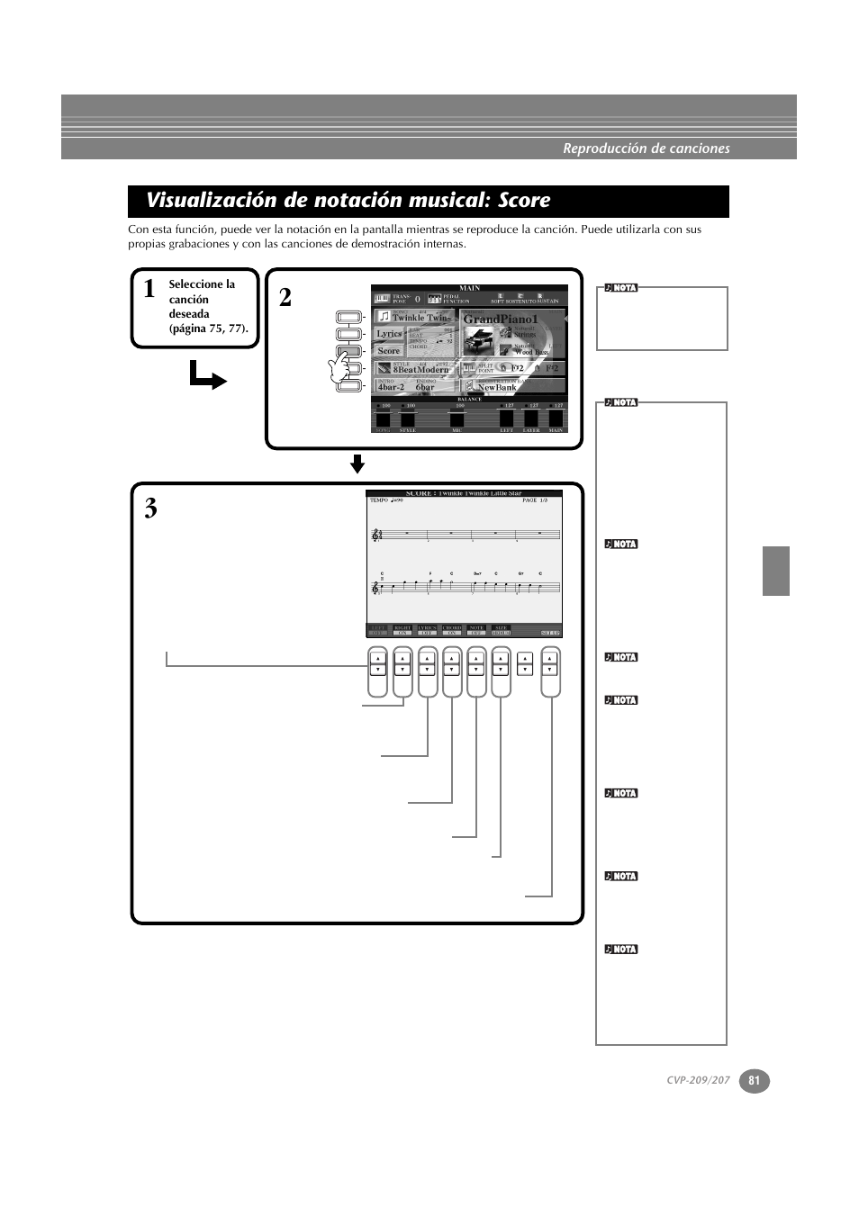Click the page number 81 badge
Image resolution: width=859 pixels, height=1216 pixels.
tap(755, 1081)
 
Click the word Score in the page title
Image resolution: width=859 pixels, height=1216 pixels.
tap(520, 200)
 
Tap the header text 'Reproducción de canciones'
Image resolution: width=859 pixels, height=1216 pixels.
tap(647, 149)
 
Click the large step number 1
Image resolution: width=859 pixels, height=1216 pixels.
tap(149, 289)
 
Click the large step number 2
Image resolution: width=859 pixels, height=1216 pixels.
tap(285, 298)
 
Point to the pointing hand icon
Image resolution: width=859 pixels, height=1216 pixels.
tap(340, 368)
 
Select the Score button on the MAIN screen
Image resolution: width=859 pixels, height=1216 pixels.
tap(389, 351)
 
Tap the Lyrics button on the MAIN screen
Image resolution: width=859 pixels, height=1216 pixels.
tap(389, 334)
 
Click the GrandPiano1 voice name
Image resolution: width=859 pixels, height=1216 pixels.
tap(500, 320)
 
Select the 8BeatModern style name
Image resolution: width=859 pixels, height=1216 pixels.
tap(420, 370)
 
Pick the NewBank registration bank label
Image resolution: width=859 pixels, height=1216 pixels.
tap(497, 388)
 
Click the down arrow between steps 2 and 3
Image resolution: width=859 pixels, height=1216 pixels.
tap(357, 464)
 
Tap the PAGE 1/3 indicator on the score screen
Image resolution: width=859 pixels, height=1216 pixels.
tap(535, 500)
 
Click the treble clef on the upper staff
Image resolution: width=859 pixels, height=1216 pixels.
tap(376, 536)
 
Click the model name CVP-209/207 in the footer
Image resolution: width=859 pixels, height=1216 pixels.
tap(698, 1081)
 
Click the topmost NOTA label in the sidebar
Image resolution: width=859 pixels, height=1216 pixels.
tap(621, 288)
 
